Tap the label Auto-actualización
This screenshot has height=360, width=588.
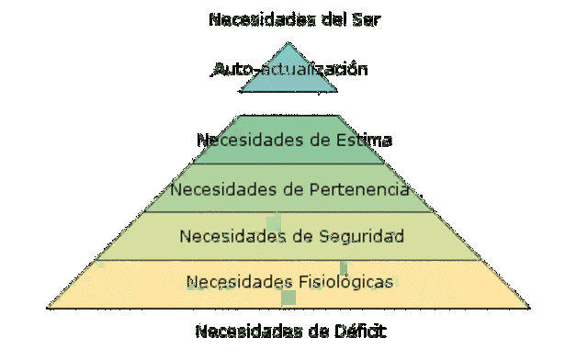click(x=290, y=69)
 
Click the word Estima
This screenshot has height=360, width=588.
click(x=366, y=141)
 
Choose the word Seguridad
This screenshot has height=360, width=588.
click(x=361, y=236)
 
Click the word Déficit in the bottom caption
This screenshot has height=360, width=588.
click(x=360, y=331)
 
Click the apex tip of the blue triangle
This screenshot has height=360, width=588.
click(x=288, y=42)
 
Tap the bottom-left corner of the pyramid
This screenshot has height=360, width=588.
click(x=48, y=307)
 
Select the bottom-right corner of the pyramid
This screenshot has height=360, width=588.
click(x=530, y=307)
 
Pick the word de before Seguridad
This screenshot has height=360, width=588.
click(x=299, y=236)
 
